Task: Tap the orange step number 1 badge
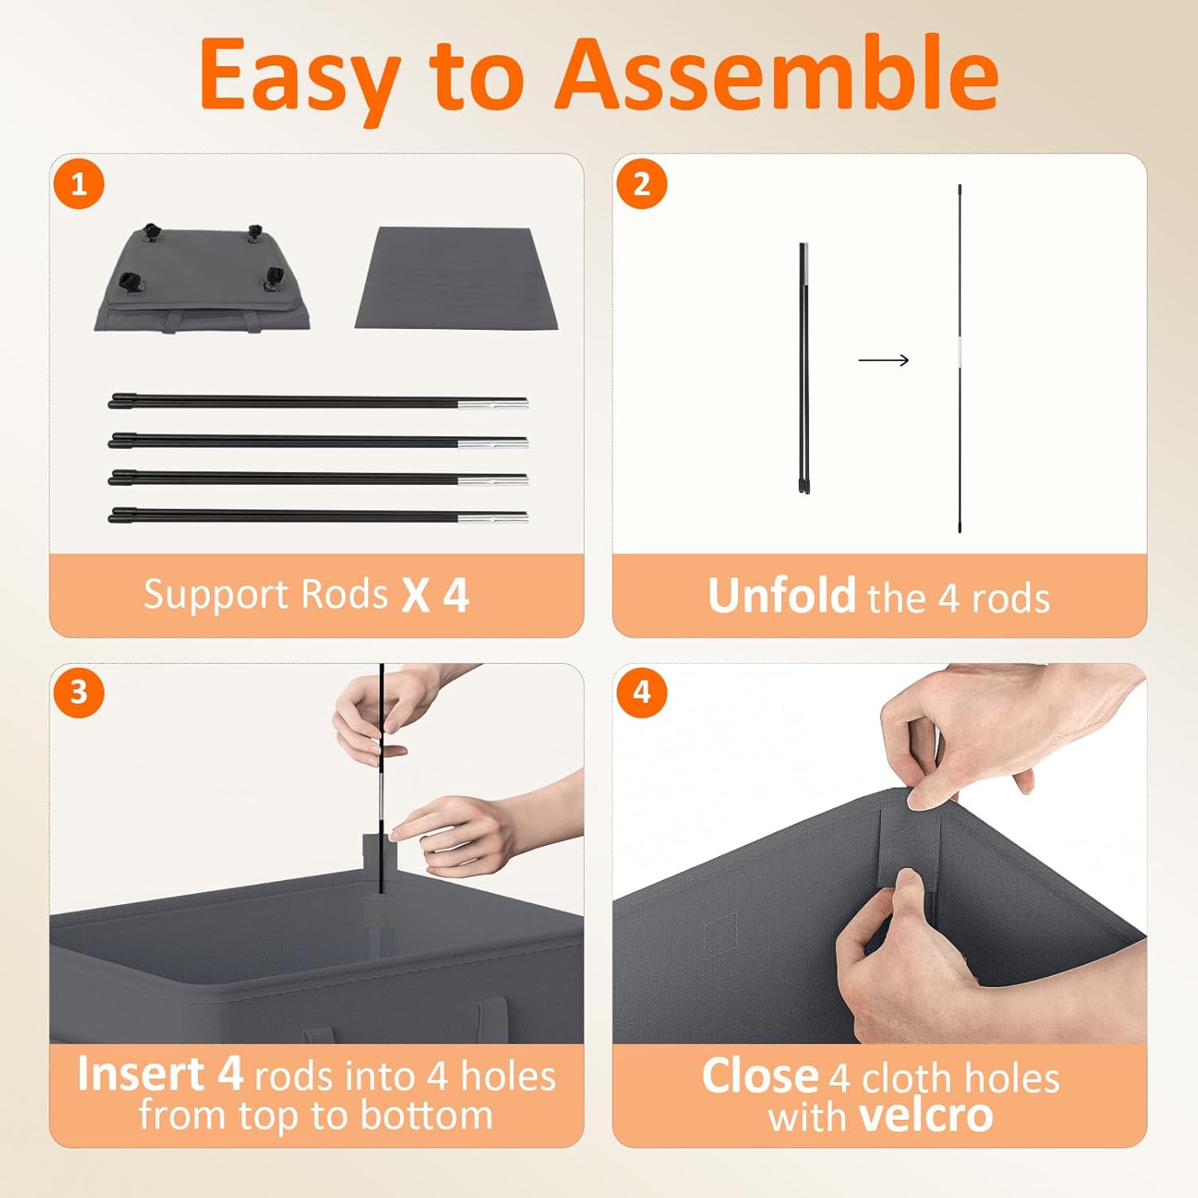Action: tap(79, 184)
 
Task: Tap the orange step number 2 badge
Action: tap(642, 184)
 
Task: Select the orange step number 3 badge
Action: tap(79, 692)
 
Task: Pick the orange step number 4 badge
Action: tap(642, 692)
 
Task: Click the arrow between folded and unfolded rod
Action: tap(883, 360)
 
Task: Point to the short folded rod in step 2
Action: tap(804, 368)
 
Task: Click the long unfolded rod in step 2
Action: tap(959, 359)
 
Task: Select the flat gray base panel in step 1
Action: tap(456, 278)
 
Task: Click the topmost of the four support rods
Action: tap(318, 401)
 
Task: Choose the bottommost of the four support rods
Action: tap(318, 515)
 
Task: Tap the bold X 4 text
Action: tap(435, 595)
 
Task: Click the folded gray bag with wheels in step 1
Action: tap(201, 279)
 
